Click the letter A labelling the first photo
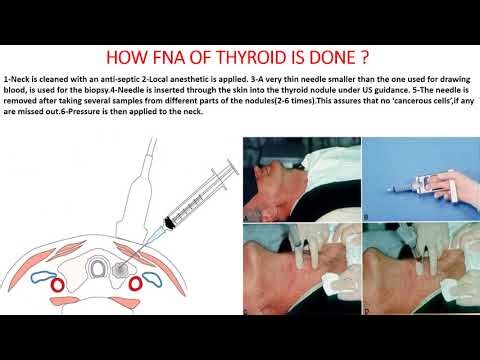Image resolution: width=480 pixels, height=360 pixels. pos(247,214)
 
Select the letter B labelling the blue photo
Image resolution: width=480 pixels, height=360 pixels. pos(367,214)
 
